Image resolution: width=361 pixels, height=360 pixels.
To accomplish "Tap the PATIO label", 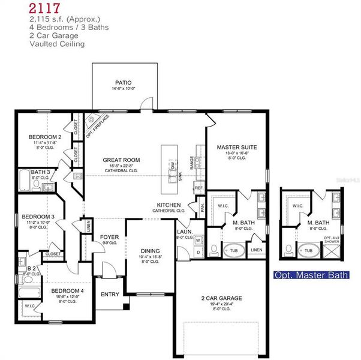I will [x=124, y=83].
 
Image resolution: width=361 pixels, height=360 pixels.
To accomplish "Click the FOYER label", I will [x=109, y=237].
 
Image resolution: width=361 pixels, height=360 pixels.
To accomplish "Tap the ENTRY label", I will [x=110, y=294].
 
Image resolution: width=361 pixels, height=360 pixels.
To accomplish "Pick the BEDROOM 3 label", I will [x=38, y=216].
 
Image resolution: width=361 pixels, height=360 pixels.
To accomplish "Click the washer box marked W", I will [x=198, y=240].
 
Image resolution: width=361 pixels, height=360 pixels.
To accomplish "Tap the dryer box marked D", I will [x=198, y=253].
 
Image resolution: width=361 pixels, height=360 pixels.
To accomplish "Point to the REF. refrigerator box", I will [x=199, y=188].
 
